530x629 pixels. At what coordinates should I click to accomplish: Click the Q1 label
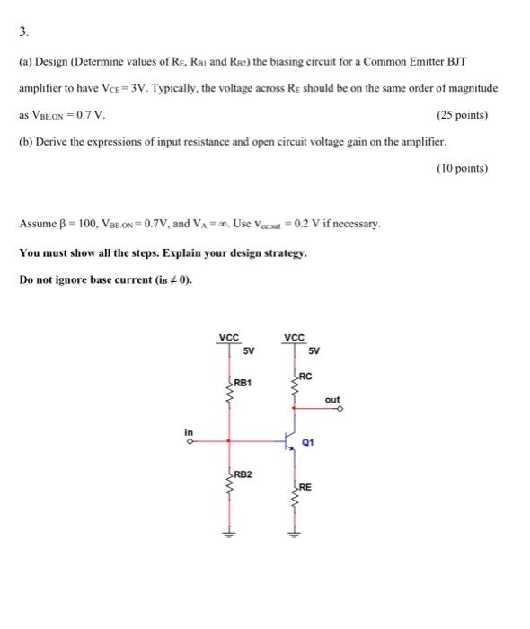(308, 442)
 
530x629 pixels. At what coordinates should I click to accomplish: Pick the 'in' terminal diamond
(190, 440)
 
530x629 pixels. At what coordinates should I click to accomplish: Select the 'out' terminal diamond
(340, 408)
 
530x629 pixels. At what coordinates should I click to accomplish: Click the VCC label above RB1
(228, 338)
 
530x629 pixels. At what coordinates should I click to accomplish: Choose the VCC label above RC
(293, 338)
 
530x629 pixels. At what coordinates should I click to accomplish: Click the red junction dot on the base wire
(229, 440)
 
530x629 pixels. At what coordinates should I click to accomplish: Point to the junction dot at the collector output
(293, 408)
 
